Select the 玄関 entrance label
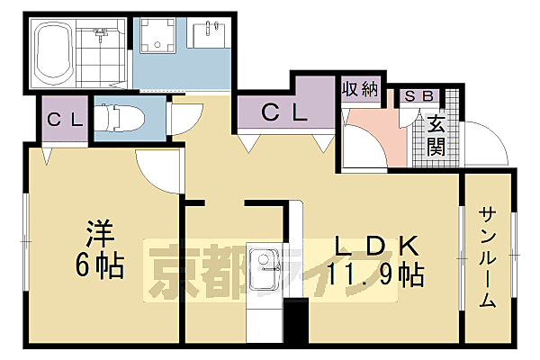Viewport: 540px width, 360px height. click(436, 135)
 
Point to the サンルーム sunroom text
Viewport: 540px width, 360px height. click(487, 257)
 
